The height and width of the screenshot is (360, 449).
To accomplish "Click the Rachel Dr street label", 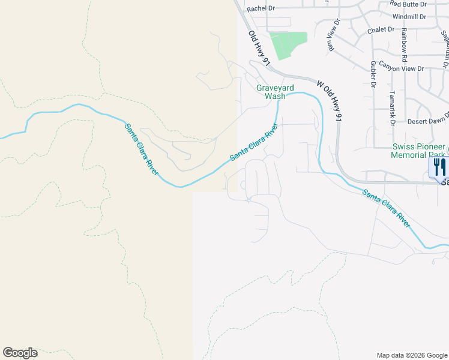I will pos(261,8).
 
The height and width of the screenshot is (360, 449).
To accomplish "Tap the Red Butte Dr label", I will pos(408,4).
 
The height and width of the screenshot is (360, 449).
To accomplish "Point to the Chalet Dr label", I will pos(381,29).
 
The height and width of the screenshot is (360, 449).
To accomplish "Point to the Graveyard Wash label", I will pos(271,92).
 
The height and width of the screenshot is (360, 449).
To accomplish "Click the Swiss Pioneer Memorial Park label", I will pos(418,151).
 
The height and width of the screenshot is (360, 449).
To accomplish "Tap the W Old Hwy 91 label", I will pos(330,102).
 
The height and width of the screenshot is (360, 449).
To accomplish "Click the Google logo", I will pos(20,353).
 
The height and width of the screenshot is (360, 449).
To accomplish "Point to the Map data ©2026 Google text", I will pos(412,355).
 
